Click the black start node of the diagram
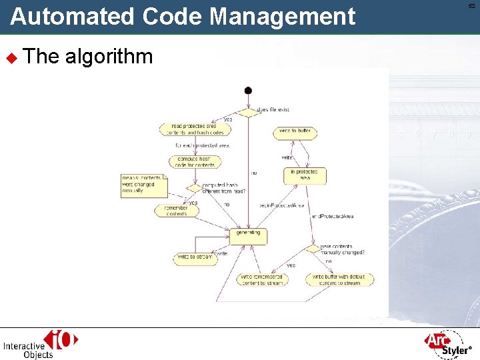coord(248,91)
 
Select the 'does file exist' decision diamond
coord(248,112)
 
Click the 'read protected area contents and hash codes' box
coord(193,129)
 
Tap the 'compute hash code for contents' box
coord(195,162)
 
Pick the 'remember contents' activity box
coord(176,211)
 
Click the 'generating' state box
coord(248,235)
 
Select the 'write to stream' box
coord(195,258)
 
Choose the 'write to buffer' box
coord(295,132)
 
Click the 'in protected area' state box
coord(303,175)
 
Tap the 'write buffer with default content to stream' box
coord(339,279)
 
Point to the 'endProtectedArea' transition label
coord(333,216)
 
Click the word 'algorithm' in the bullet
coord(109,56)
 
